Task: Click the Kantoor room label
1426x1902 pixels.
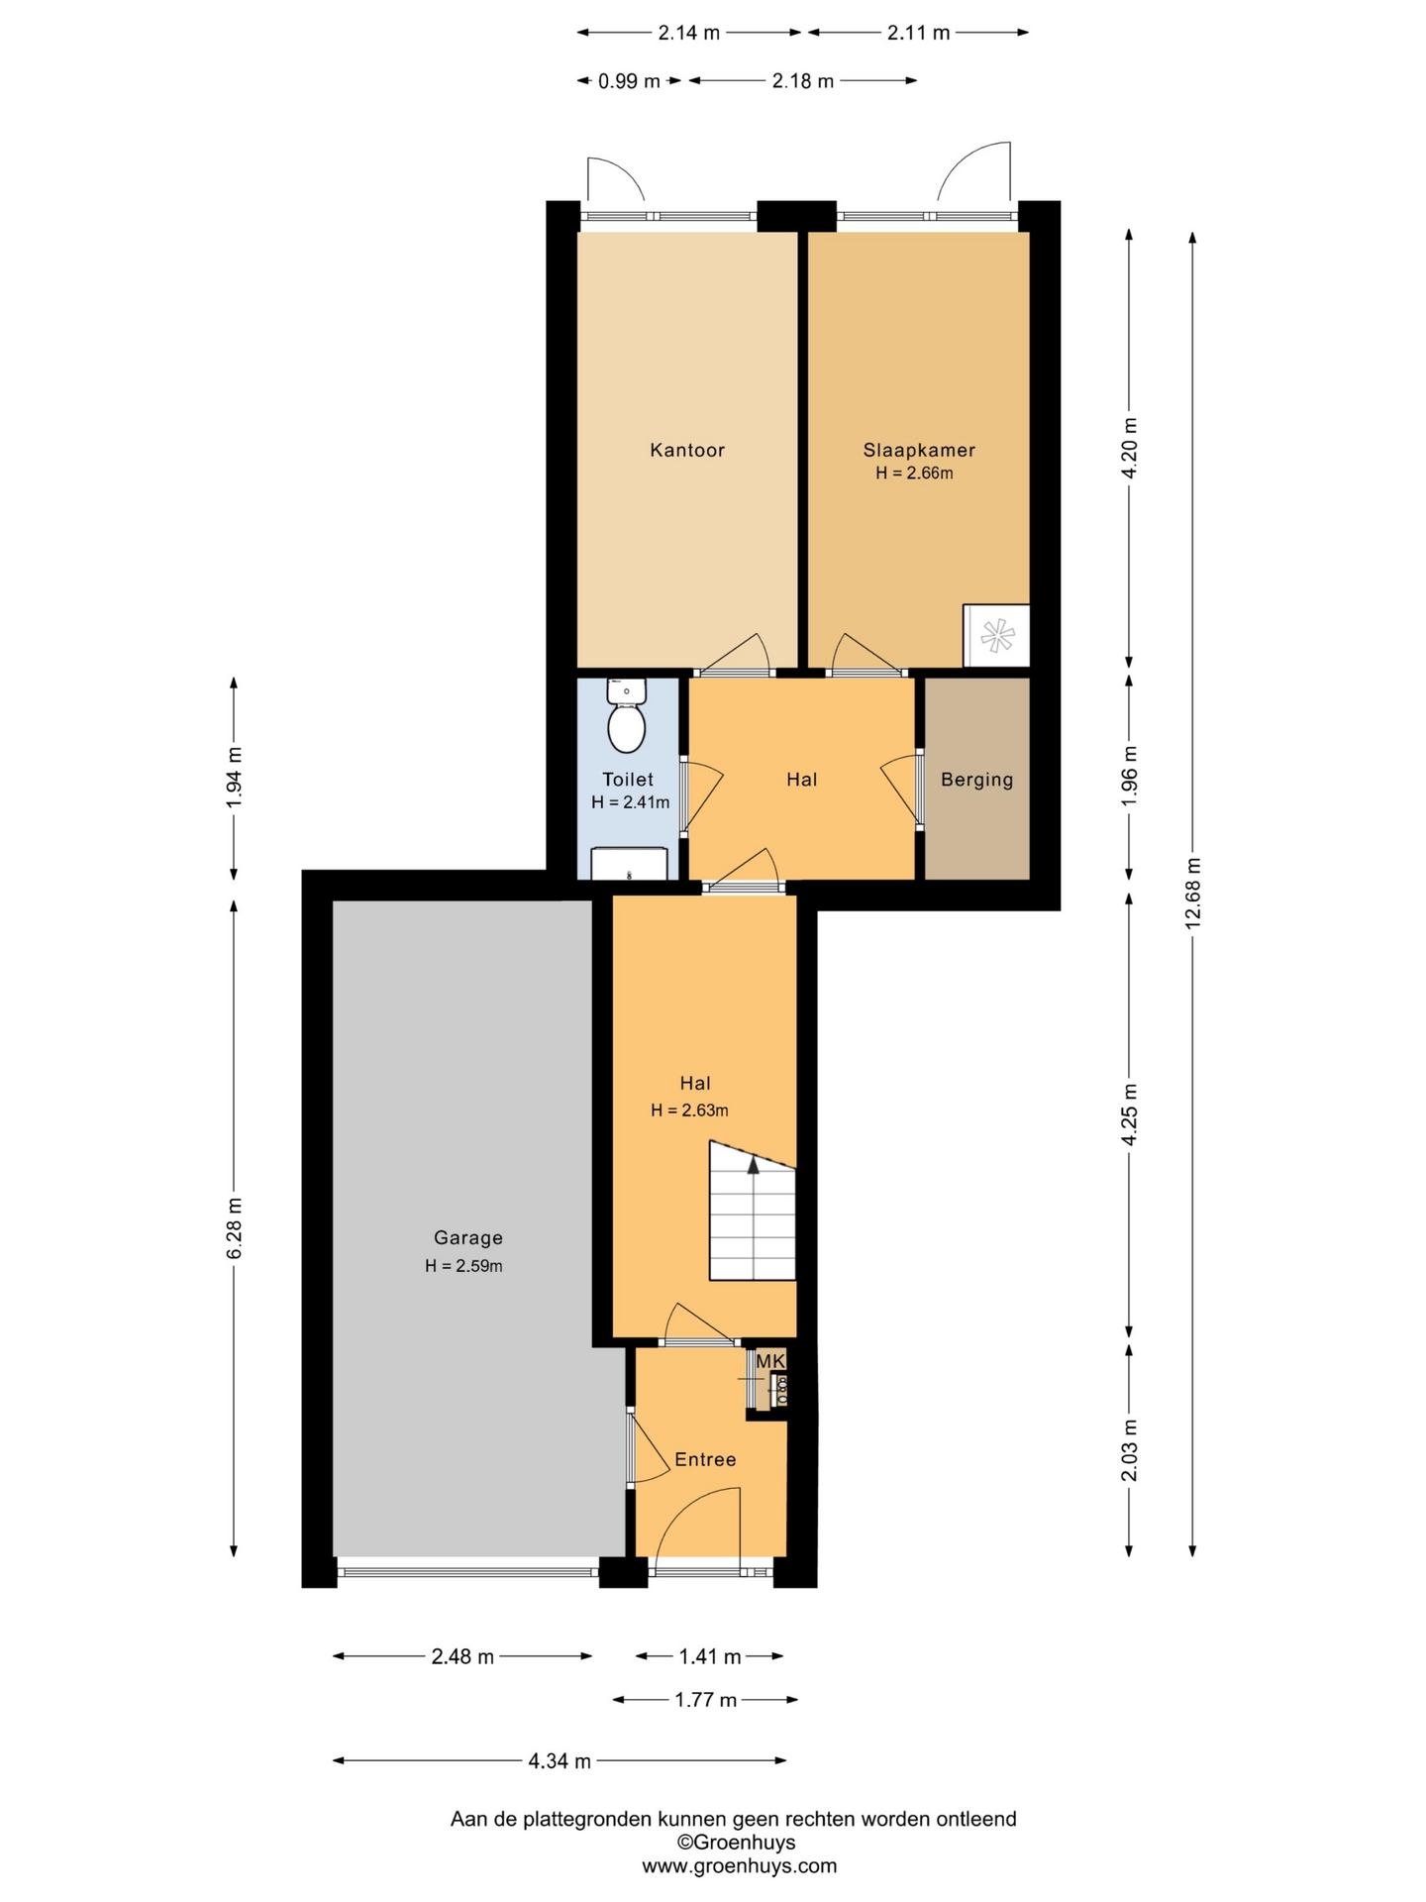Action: [687, 450]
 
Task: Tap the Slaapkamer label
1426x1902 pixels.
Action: [919, 450]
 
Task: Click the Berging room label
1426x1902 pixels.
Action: [977, 780]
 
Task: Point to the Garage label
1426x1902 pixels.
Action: [468, 1237]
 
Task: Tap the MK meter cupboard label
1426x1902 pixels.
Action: [770, 1361]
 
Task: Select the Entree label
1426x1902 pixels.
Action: [705, 1459]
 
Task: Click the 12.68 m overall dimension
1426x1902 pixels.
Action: [1192, 893]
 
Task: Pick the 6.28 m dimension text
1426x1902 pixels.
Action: [235, 1227]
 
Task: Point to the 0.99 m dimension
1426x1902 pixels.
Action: [629, 81]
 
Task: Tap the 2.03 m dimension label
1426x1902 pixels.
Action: [1129, 1450]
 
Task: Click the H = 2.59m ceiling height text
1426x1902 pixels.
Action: [463, 1265]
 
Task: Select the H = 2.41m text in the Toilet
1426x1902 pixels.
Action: [630, 802]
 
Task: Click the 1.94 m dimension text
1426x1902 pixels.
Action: [235, 778]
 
